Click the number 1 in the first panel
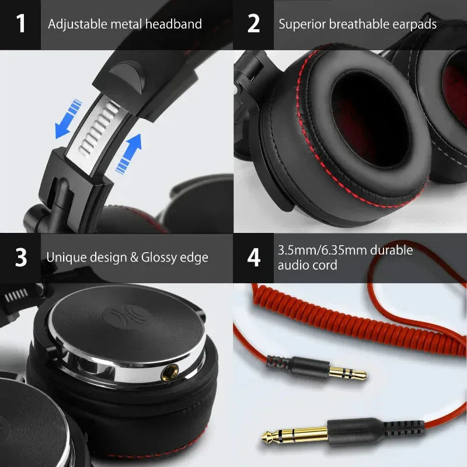(21, 24)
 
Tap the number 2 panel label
(253, 24)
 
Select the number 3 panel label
(21, 257)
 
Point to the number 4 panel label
(253, 257)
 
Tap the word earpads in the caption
(412, 24)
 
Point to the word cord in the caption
(325, 265)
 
